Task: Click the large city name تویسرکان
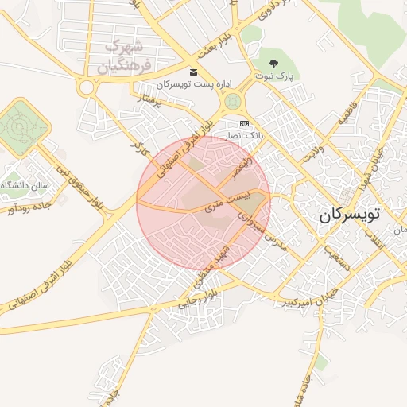(x=350, y=215)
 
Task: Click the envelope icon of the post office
(x=193, y=71)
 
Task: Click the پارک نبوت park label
(x=275, y=76)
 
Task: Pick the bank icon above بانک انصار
(x=244, y=123)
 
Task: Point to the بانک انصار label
(x=245, y=137)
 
